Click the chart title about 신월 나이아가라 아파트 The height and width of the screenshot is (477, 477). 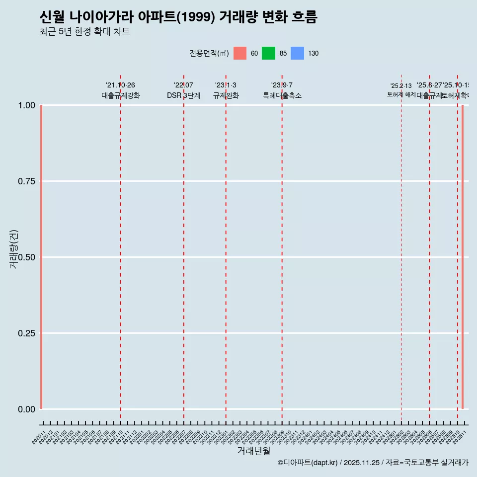(178, 17)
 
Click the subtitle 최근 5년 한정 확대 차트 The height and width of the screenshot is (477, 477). (84, 32)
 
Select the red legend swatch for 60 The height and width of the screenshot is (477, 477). (240, 53)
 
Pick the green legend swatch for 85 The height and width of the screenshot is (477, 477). (268, 53)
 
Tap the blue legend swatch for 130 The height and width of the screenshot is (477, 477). (297, 53)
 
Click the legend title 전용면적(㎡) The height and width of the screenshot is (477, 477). (209, 53)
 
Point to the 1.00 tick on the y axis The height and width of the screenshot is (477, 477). (26, 105)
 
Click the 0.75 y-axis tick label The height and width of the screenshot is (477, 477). (26, 181)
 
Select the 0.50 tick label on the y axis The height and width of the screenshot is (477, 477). (26, 257)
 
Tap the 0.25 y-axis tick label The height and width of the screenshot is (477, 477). (26, 333)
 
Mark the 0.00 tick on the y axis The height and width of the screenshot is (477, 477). (26, 409)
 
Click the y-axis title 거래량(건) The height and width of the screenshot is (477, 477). (13, 249)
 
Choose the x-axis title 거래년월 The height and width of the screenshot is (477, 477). (253, 451)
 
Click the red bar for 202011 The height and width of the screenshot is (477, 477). (41, 257)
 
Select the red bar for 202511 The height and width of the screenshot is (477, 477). (463, 257)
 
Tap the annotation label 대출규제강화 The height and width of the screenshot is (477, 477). (121, 96)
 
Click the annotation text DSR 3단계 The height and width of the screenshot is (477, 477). (183, 96)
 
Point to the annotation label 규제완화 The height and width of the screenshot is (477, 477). (226, 96)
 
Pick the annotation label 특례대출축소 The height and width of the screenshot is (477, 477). (282, 96)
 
